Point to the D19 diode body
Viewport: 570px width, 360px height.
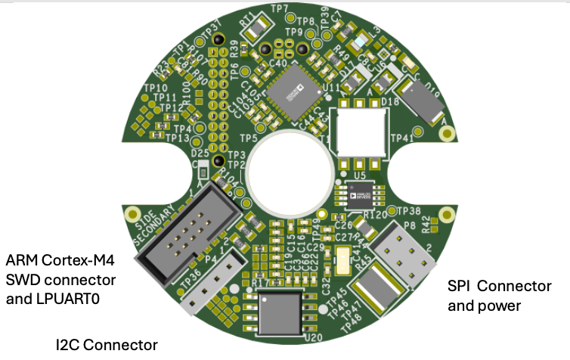tap(420, 101)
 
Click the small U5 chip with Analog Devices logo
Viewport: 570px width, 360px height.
tap(359, 194)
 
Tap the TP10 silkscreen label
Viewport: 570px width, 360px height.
tap(156, 88)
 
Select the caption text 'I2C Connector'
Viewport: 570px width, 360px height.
tap(107, 345)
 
